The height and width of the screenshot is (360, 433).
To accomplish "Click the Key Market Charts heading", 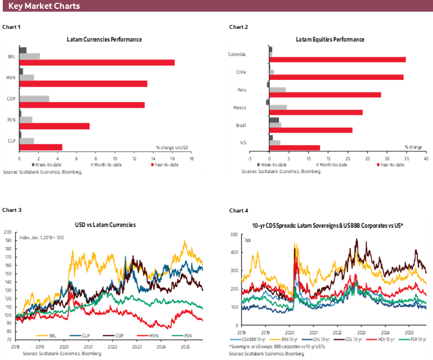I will [x=44, y=6].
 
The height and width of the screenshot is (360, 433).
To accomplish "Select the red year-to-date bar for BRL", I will [x=97, y=63].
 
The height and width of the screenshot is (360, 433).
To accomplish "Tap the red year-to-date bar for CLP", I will [x=41, y=147].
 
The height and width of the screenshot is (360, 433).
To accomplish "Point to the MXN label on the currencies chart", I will [x=11, y=78].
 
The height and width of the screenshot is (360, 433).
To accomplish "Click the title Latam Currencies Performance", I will [x=104, y=40].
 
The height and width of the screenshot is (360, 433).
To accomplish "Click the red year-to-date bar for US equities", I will [x=295, y=148].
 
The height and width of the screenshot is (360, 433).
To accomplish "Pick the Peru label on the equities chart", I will [x=256, y=89].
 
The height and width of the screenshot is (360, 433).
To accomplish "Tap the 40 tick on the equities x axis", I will [x=426, y=158].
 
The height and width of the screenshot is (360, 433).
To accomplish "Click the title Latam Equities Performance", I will [x=330, y=40].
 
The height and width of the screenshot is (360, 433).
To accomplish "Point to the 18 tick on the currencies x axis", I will [x=191, y=159].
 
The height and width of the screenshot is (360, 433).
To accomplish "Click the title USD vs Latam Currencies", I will [x=105, y=225].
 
